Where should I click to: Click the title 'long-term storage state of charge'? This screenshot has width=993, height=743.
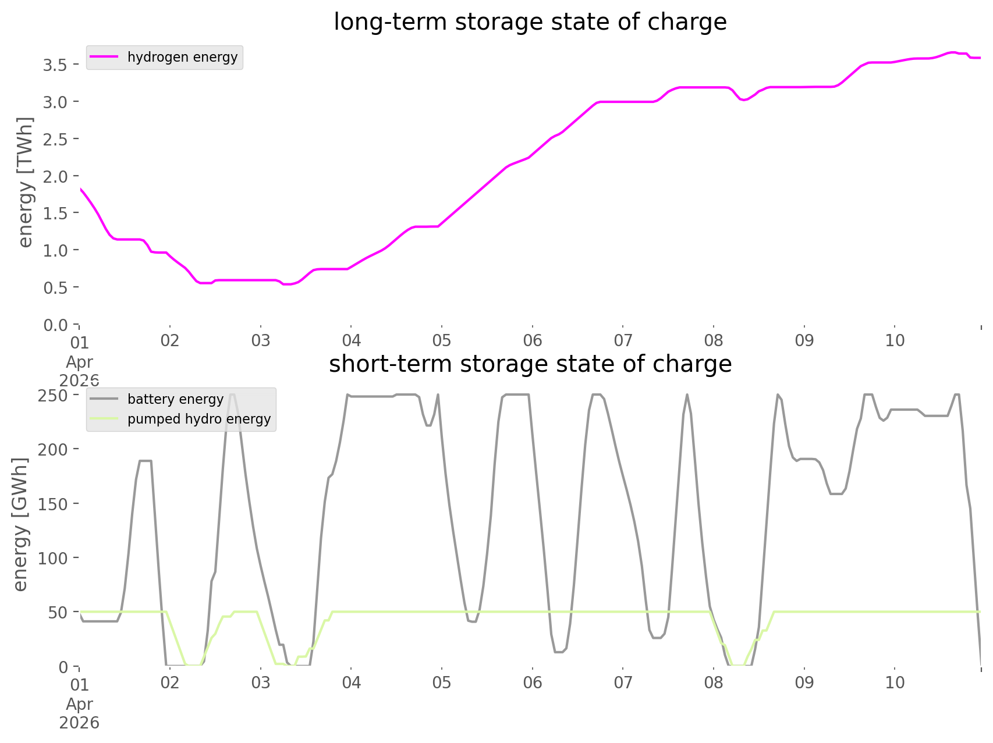coord(530,22)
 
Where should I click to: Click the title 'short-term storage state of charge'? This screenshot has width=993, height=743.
coord(530,364)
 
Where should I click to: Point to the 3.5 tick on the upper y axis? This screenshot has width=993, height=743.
coord(55,65)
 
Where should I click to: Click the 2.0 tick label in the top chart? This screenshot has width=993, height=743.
coord(55,176)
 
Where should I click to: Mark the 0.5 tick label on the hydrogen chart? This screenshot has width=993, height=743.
coord(55,287)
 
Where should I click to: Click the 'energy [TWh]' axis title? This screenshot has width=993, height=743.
coord(25,182)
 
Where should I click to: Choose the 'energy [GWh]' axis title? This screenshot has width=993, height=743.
coord(20,524)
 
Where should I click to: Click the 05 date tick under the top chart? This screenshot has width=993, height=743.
coord(442,340)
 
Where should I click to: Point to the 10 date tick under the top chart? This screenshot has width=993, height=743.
coord(895,340)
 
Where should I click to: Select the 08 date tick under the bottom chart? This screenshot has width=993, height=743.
coord(714,682)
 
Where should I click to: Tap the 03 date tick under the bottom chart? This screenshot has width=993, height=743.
coord(261,682)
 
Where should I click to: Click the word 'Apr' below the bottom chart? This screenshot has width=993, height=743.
coord(80,704)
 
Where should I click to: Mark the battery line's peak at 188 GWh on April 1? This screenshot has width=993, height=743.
coord(145,461)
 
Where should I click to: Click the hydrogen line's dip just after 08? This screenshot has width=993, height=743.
coord(743,99)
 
